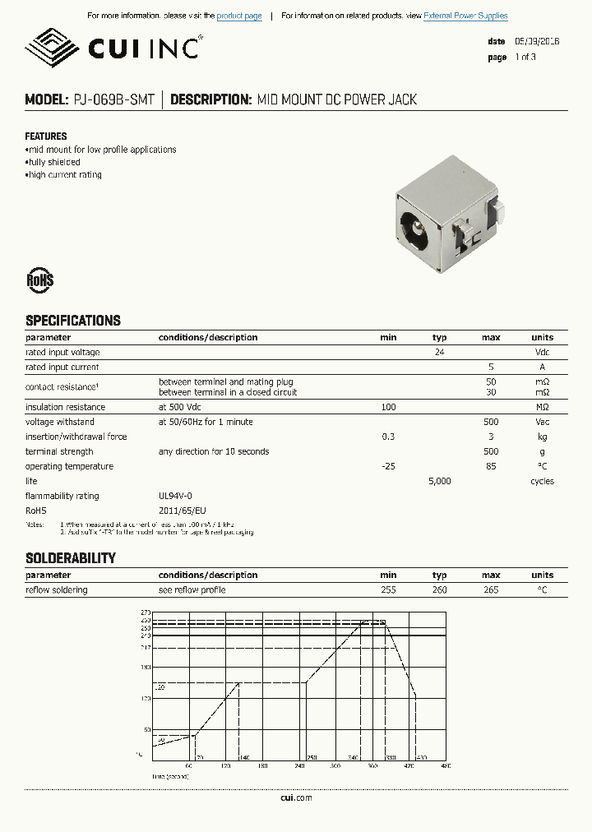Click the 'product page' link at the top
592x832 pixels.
click(239, 16)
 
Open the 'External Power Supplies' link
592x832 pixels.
click(465, 16)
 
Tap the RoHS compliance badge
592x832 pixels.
click(39, 280)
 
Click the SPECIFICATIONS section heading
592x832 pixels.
click(72, 321)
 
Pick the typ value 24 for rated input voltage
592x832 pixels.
click(440, 352)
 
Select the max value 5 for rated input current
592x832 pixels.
click(491, 367)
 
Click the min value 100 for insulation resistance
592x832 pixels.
click(388, 407)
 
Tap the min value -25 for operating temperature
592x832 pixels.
click(388, 466)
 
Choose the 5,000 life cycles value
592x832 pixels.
click(440, 481)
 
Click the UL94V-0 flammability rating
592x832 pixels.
click(175, 496)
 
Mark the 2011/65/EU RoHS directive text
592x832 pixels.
click(182, 511)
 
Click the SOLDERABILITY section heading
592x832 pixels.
click(70, 558)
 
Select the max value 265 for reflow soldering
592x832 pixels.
click(491, 589)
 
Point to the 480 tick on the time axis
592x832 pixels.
click(446, 766)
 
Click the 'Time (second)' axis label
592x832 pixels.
click(169, 775)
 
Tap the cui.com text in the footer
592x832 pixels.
click(296, 797)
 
